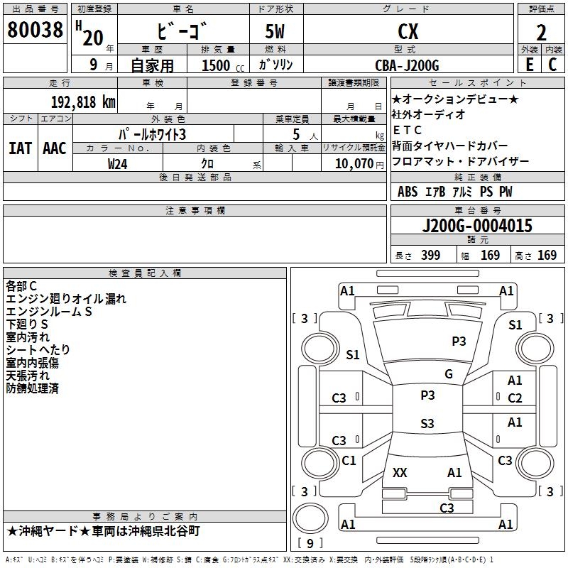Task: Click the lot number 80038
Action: [35, 30]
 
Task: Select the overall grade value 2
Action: [541, 33]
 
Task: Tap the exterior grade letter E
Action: [530, 65]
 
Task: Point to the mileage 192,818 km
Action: [83, 102]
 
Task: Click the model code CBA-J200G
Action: [407, 65]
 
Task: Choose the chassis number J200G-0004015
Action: [477, 225]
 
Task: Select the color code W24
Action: [117, 164]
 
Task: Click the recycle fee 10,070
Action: [354, 163]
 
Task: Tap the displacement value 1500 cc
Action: [223, 65]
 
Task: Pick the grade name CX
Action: [408, 32]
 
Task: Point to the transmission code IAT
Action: [20, 148]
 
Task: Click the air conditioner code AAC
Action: [55, 148]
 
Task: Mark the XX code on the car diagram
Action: [400, 473]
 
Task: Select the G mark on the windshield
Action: [449, 374]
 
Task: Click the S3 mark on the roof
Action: [427, 423]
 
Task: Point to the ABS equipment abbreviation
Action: [408, 192]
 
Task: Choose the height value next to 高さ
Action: [547, 256]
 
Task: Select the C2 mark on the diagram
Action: [515, 398]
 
